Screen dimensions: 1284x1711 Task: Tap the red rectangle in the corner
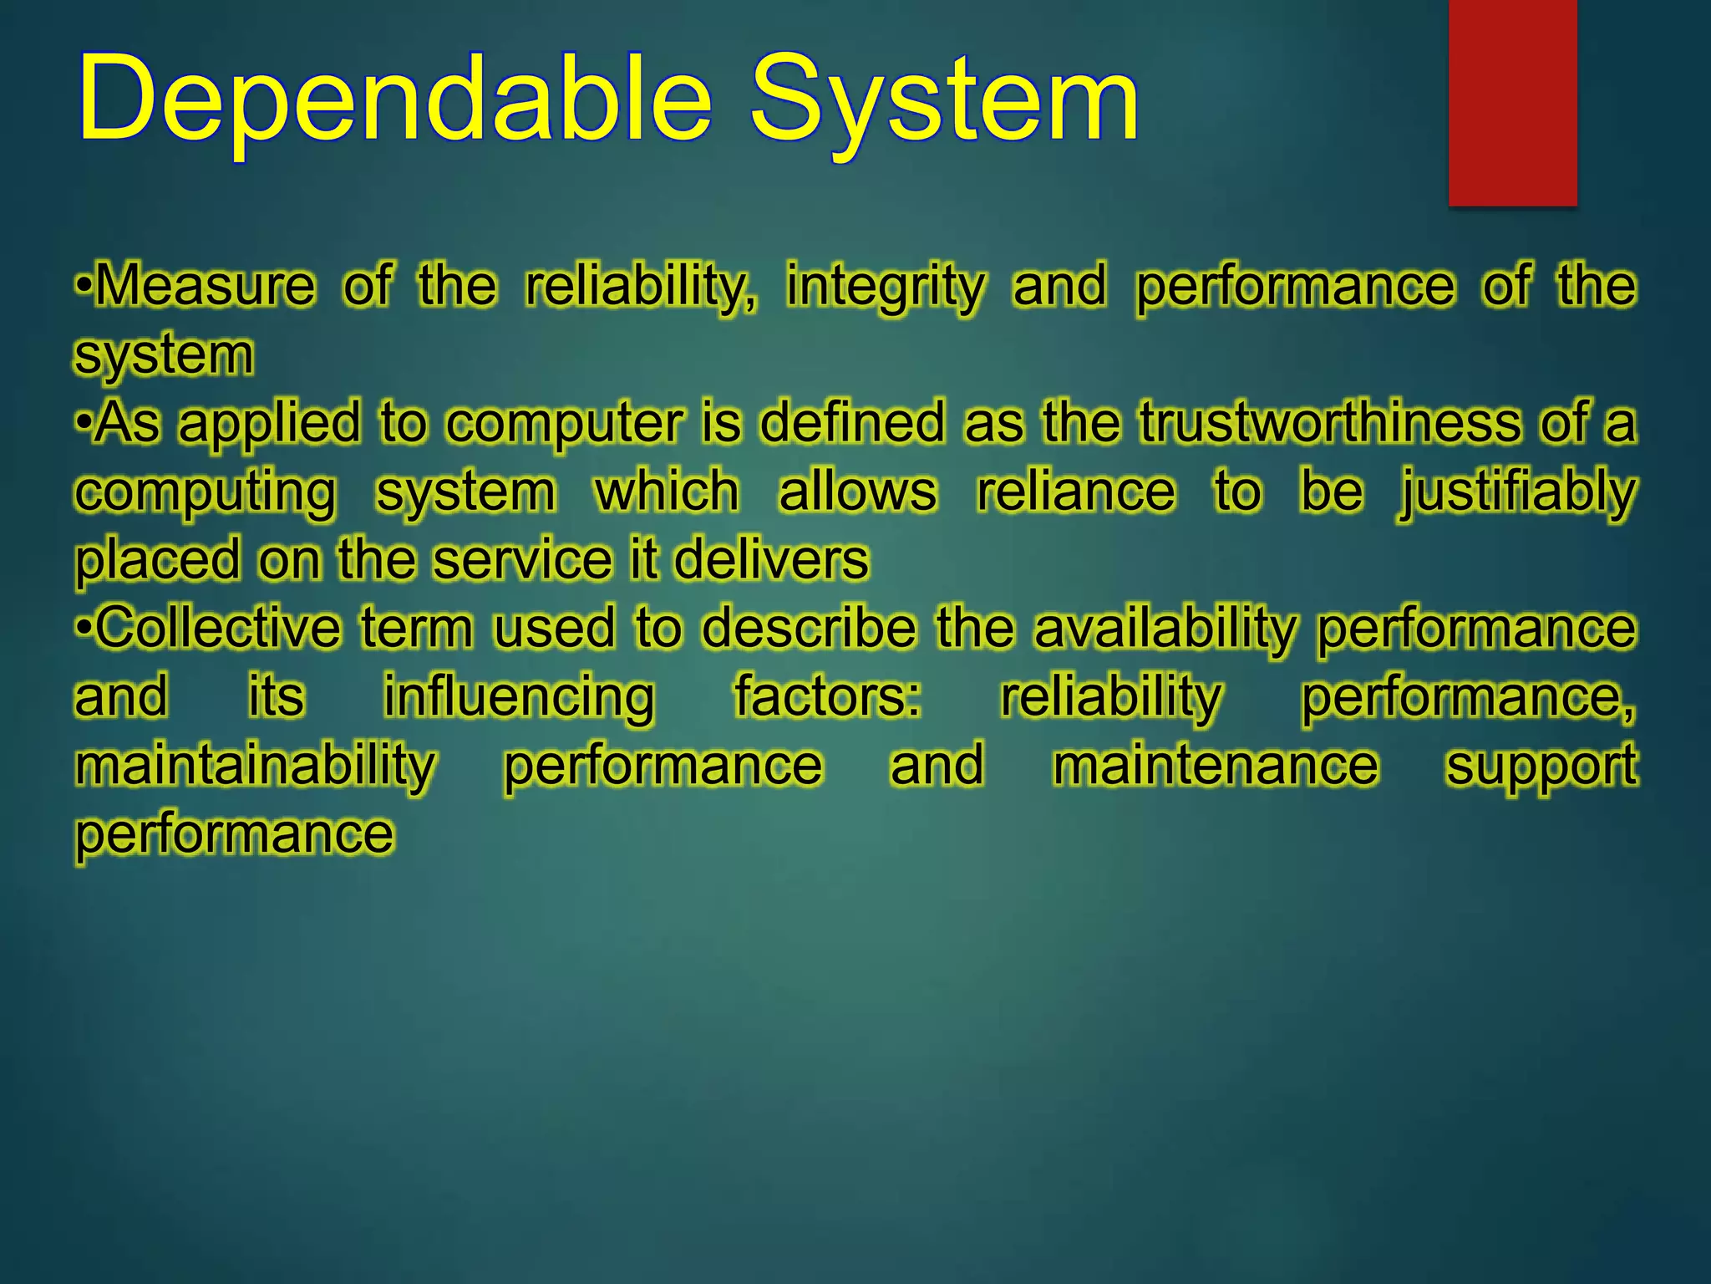1512,102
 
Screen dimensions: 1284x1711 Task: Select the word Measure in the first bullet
206,286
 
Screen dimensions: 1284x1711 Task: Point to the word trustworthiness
1330,422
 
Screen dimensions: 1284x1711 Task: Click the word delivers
770,559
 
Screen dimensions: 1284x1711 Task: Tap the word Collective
219,628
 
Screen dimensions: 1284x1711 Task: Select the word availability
1165,629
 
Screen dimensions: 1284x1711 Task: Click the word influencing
519,698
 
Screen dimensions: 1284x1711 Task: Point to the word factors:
827,696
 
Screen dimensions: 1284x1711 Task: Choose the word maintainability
256,767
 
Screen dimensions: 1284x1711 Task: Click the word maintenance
1216,766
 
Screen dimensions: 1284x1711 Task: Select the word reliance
1076,491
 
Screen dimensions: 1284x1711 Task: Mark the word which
667,491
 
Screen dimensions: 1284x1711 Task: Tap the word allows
857,491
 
